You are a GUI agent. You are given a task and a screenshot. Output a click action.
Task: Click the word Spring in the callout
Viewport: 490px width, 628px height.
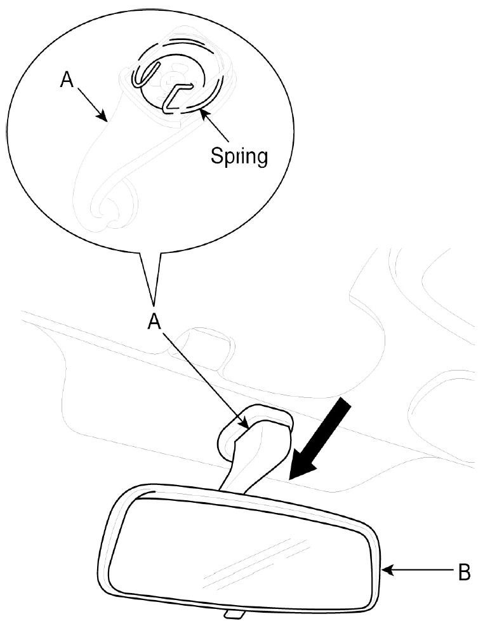coord(239,155)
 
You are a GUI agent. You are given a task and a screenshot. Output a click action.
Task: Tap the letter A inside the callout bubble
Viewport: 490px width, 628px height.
coord(67,81)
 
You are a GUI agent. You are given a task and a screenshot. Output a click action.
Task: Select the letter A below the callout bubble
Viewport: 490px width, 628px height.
coord(154,322)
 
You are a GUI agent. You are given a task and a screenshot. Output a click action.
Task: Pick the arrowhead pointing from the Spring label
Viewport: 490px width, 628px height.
coord(202,113)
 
